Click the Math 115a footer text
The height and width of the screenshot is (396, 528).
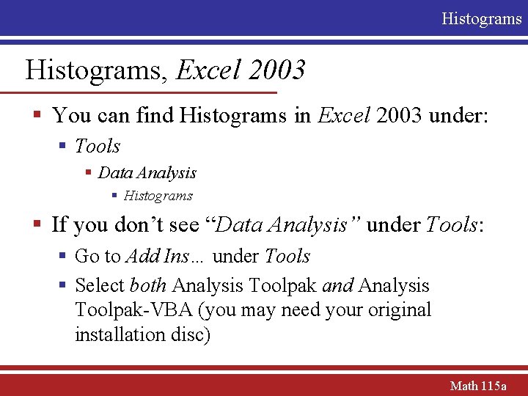coord(477,385)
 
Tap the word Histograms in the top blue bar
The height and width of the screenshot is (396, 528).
coord(481,18)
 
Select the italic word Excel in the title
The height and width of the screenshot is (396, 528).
coord(209,70)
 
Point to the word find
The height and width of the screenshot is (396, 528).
coord(152,115)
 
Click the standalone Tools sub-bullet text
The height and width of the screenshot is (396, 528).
coord(98,146)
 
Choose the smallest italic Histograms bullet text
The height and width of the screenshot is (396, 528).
coord(158,196)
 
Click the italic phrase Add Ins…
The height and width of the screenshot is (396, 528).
coord(166,256)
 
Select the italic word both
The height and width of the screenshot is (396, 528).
coord(148,285)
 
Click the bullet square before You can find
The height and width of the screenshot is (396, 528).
coord(36,116)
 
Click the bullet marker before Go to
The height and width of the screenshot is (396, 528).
coord(64,257)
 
